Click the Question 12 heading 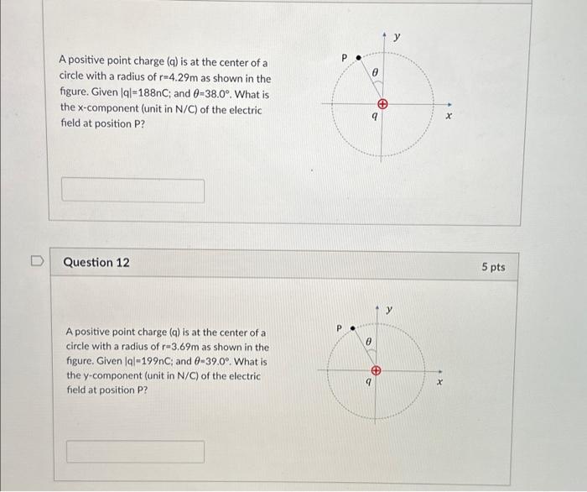coord(96,263)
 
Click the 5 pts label coord(493,267)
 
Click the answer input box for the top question coord(132,190)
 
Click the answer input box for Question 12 coord(135,452)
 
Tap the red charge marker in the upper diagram coord(382,105)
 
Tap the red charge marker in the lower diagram coord(377,370)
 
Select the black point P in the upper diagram coord(358,59)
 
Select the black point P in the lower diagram coord(352,328)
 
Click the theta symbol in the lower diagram coord(369,342)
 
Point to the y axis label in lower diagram coord(390,311)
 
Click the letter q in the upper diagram coord(374,118)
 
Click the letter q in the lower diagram coord(368,382)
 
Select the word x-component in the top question coord(93,110)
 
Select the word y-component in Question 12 coord(99,376)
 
